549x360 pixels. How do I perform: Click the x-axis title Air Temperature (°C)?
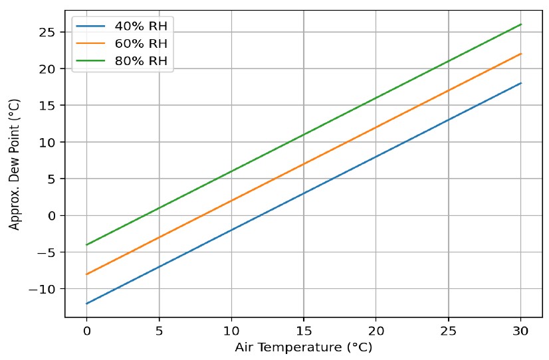[303, 347]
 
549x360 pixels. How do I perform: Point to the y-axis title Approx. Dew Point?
[15, 164]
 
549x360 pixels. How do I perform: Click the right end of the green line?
[521, 25]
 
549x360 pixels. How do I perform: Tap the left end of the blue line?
[86, 304]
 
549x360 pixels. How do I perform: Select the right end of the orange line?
[521, 54]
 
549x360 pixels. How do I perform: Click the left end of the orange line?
[86, 274]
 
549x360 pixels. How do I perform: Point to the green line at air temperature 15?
[304, 135]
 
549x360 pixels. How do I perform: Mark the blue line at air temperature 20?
[376, 157]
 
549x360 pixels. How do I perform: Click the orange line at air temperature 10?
[231, 201]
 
